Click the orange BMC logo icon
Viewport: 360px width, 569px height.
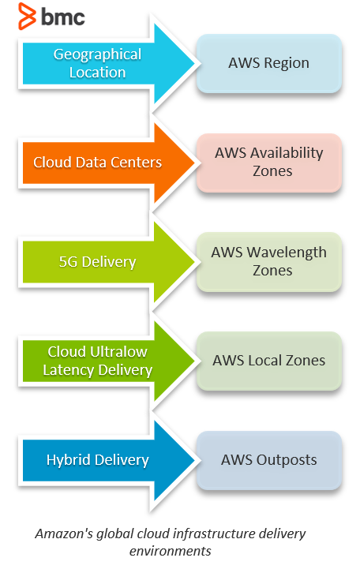pyautogui.click(x=27, y=16)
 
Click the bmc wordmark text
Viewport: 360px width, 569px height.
pyautogui.click(x=63, y=17)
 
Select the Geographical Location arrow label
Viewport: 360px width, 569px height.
pyautogui.click(x=97, y=63)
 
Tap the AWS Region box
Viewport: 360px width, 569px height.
pyautogui.click(x=269, y=63)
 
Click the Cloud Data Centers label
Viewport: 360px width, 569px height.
pyautogui.click(x=97, y=163)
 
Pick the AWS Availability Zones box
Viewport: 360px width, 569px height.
pyautogui.click(x=269, y=163)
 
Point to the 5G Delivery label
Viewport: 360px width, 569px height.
pyautogui.click(x=97, y=262)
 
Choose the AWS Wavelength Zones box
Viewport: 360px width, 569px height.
pyautogui.click(x=269, y=262)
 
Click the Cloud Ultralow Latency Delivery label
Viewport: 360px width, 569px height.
pyautogui.click(x=97, y=361)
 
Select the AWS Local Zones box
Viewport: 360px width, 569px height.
pyautogui.click(x=269, y=361)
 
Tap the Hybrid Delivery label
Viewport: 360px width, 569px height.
pyautogui.click(x=97, y=460)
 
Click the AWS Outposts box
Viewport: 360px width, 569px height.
pyautogui.click(x=269, y=460)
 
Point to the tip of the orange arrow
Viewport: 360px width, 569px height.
pyautogui.click(x=195, y=163)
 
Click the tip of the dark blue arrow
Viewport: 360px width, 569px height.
pyautogui.click(x=195, y=460)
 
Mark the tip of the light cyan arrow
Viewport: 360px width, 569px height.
pyautogui.click(x=195, y=63)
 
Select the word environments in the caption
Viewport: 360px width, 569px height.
pyautogui.click(x=171, y=551)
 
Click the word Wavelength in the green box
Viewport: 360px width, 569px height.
pyautogui.click(x=287, y=253)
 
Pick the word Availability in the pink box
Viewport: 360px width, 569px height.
pyautogui.click(x=287, y=153)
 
